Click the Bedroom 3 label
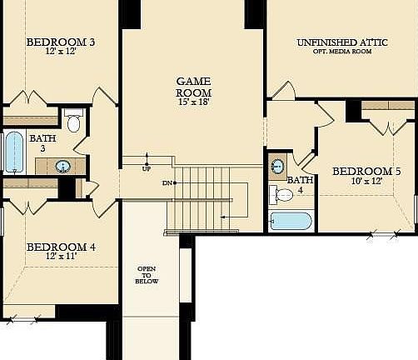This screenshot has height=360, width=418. tap(60, 42)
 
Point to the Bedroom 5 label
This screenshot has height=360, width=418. tap(366, 172)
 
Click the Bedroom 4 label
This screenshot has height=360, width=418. tap(60, 247)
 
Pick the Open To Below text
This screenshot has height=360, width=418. tap(147, 275)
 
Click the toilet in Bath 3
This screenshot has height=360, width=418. tap(72, 122)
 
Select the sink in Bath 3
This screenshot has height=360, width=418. tap(63, 166)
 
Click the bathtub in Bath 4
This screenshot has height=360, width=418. tap(291, 221)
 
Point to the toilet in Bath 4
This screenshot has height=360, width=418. tap(281, 195)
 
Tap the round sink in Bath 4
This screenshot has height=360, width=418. tap(277, 167)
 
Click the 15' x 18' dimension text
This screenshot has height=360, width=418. tap(194, 102)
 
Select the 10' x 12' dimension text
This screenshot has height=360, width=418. tap(366, 182)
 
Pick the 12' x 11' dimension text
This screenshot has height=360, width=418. tap(60, 257)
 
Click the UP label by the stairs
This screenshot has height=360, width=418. tap(147, 168)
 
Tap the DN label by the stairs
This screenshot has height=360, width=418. tap(167, 182)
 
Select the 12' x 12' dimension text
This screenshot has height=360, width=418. tap(60, 52)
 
